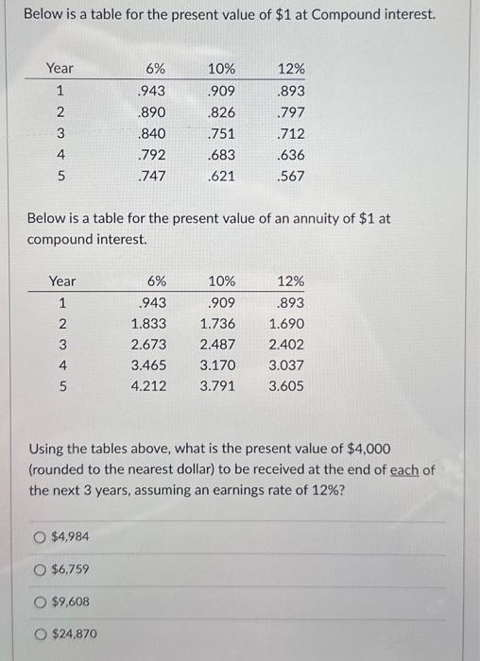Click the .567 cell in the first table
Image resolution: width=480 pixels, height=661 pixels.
pos(291,177)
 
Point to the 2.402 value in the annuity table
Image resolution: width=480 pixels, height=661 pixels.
pos(286,345)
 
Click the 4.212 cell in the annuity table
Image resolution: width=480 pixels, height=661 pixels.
pos(149,386)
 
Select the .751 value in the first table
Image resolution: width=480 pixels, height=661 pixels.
pos(221,133)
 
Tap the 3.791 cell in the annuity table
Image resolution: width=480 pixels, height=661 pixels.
pos(218,386)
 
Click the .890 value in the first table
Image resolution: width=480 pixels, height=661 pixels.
pos(152,112)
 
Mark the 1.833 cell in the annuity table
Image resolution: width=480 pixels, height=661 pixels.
pos(149,324)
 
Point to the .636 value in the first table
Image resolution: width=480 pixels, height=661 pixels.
pos(291,155)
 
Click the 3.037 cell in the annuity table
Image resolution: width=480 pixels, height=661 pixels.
pos(286,365)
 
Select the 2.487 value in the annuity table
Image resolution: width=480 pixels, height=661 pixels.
pos(218,345)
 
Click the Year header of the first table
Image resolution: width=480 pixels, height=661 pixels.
pos(60,69)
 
